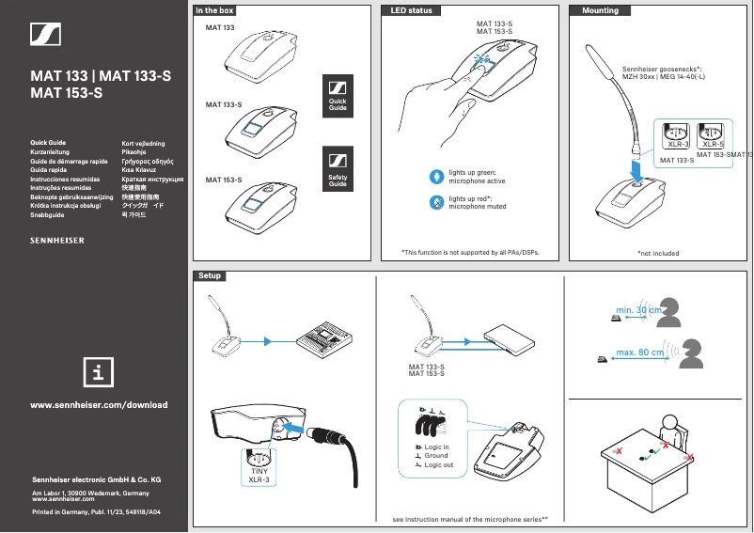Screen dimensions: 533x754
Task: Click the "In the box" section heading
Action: point(214,10)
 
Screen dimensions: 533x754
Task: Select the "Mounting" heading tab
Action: point(601,10)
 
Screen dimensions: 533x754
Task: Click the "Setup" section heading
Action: point(210,275)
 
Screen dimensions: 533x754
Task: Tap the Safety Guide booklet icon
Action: point(338,168)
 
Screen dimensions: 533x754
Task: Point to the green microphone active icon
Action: point(436,177)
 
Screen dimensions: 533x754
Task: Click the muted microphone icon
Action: point(436,202)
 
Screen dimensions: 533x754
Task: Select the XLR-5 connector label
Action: point(713,145)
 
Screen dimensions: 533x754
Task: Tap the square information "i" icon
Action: point(99,370)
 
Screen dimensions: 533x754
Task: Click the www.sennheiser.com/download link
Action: point(100,405)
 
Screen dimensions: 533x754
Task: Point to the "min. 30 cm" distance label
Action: point(638,310)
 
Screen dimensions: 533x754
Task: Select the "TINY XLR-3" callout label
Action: point(259,475)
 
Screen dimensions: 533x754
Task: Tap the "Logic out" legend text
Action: point(438,464)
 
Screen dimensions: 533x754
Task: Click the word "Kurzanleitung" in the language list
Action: point(55,152)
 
